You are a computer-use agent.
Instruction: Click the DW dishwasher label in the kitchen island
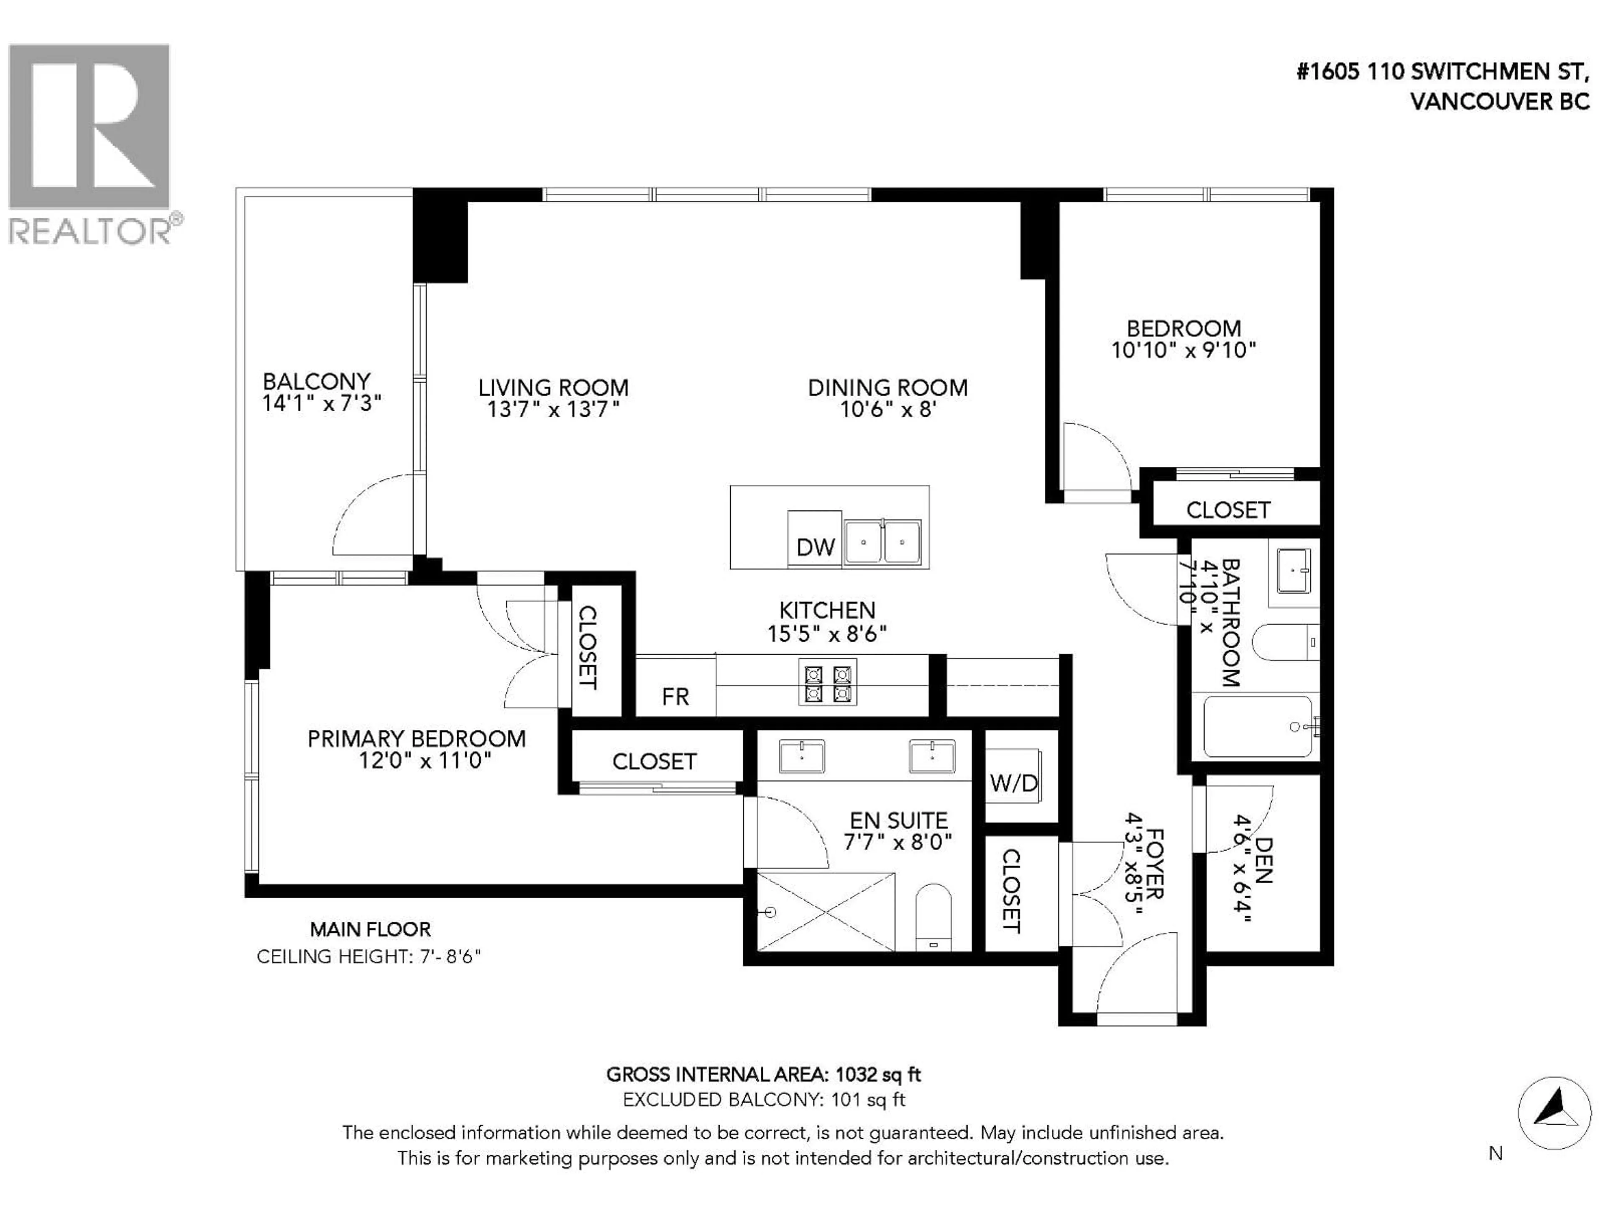click(x=816, y=547)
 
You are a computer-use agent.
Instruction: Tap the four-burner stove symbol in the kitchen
click(x=827, y=681)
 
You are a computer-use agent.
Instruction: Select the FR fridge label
click(x=675, y=697)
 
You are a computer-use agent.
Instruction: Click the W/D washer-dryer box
click(x=1013, y=783)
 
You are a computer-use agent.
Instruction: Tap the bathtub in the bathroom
click(x=1258, y=726)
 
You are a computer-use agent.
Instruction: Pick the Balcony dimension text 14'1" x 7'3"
click(x=322, y=403)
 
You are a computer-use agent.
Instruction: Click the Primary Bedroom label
click(x=416, y=738)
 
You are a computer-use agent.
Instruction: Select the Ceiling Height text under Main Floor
click(x=369, y=956)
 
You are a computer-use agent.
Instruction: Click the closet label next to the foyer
click(x=1011, y=891)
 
